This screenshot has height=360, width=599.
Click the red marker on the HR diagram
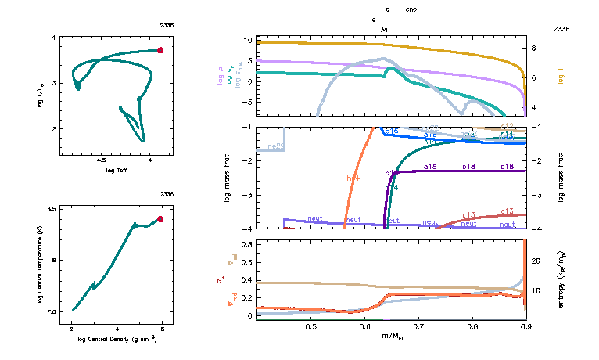tap(160, 50)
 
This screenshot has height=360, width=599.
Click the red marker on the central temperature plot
tap(160, 219)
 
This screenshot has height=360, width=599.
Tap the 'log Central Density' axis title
tap(117, 340)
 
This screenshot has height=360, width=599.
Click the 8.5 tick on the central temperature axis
tap(51, 209)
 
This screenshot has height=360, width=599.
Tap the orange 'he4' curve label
tap(353, 178)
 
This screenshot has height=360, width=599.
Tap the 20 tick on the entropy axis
tap(536, 261)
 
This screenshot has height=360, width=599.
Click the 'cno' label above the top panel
tap(411, 10)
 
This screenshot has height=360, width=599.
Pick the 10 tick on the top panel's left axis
tap(246, 39)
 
